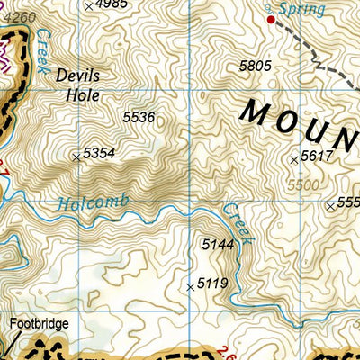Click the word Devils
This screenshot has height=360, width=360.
pos(77,76)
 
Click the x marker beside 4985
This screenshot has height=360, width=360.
pos(87,5)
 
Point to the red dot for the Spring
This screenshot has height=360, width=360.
pos(270,18)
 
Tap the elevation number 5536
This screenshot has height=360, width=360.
pos(139,117)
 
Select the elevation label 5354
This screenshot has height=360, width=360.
pos(98,154)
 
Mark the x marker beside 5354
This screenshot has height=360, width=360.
pos(76,157)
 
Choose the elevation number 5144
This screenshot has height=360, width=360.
pos(217,244)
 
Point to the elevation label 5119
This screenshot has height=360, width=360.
pos(212,284)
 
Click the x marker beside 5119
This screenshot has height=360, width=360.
pos(190,287)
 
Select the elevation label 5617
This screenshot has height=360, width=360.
pos(317,157)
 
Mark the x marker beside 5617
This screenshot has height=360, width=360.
pos(293,159)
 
